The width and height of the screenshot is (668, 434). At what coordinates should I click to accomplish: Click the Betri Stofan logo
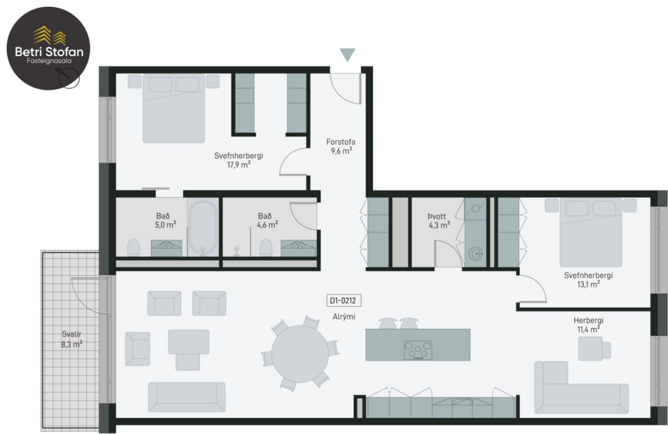pyautogui.click(x=47, y=48)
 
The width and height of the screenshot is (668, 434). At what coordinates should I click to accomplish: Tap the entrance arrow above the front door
pyautogui.click(x=347, y=55)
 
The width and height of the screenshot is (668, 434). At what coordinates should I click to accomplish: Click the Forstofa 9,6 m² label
pyautogui.click(x=341, y=146)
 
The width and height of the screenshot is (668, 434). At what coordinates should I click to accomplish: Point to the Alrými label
pyautogui.click(x=343, y=317)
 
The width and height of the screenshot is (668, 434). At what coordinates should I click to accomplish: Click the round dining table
pyautogui.click(x=301, y=354)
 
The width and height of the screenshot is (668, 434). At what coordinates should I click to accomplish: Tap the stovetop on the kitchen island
pyautogui.click(x=418, y=349)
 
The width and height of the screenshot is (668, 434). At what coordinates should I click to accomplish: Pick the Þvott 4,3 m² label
pyautogui.click(x=439, y=220)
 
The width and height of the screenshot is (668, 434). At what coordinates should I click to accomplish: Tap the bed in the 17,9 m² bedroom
pyautogui.click(x=173, y=108)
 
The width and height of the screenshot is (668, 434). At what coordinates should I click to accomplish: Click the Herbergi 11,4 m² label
pyautogui.click(x=589, y=324)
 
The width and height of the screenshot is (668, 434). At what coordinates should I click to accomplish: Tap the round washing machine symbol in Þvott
pyautogui.click(x=476, y=253)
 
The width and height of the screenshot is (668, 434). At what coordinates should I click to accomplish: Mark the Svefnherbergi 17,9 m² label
pyautogui.click(x=239, y=160)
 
